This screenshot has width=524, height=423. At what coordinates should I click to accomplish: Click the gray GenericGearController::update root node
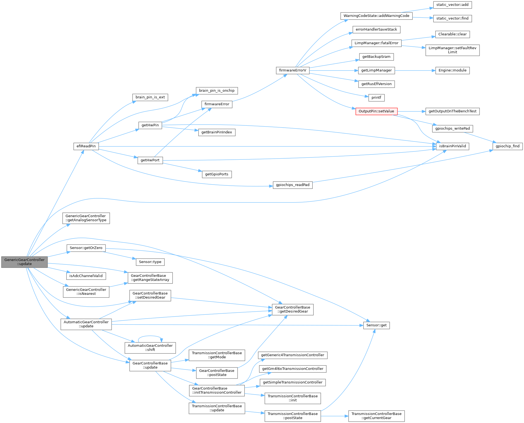click(x=24, y=262)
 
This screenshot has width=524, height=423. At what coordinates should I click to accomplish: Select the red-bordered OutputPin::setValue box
click(x=376, y=111)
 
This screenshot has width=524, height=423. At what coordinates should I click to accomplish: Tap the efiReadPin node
click(x=86, y=146)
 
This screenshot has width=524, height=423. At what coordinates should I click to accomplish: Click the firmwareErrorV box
click(x=293, y=70)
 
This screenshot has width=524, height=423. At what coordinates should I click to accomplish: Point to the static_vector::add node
click(x=452, y=5)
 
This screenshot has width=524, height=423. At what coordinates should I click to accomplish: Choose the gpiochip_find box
click(x=507, y=146)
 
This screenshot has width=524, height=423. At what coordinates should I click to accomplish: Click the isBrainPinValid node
click(x=452, y=146)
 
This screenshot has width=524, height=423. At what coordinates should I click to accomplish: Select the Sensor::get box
click(x=376, y=325)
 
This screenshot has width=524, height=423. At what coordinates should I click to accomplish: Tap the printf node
click(x=376, y=98)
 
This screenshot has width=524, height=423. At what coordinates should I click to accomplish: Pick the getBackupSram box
click(x=376, y=57)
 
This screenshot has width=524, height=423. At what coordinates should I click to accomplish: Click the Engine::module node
click(x=452, y=70)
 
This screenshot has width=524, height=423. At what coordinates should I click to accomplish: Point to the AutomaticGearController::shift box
click(x=150, y=348)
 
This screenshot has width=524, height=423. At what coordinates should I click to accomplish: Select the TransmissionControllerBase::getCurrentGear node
click(x=376, y=416)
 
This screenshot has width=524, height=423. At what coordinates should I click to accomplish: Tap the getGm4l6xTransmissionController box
click(x=293, y=369)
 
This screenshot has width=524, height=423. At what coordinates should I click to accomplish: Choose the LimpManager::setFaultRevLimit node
click(x=452, y=50)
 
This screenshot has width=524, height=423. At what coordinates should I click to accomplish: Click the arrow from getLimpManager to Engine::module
click(x=414, y=70)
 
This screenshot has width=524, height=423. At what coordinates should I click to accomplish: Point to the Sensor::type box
click(x=150, y=262)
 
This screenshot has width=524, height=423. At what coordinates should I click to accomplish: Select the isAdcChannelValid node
click(x=86, y=276)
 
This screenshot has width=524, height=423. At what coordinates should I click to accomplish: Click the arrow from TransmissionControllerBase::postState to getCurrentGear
click(x=334, y=416)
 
